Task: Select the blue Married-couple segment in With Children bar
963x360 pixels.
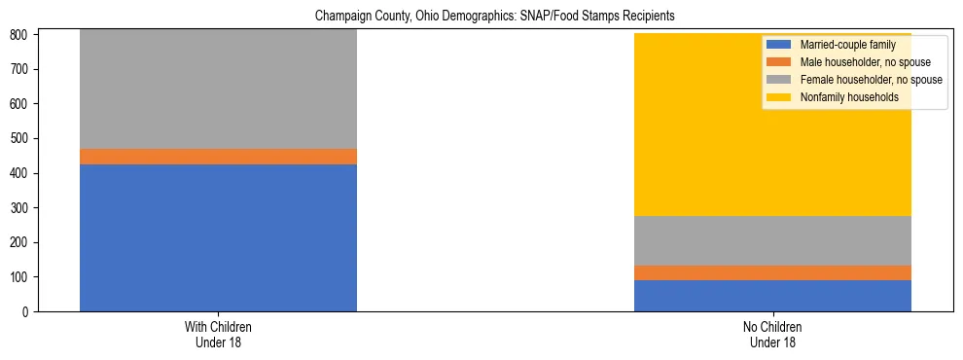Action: click(218, 237)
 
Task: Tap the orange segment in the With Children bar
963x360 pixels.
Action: click(218, 157)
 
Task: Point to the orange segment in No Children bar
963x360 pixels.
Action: click(772, 272)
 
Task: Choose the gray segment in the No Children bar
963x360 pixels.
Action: click(772, 240)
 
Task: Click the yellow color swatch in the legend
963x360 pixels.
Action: click(779, 97)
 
